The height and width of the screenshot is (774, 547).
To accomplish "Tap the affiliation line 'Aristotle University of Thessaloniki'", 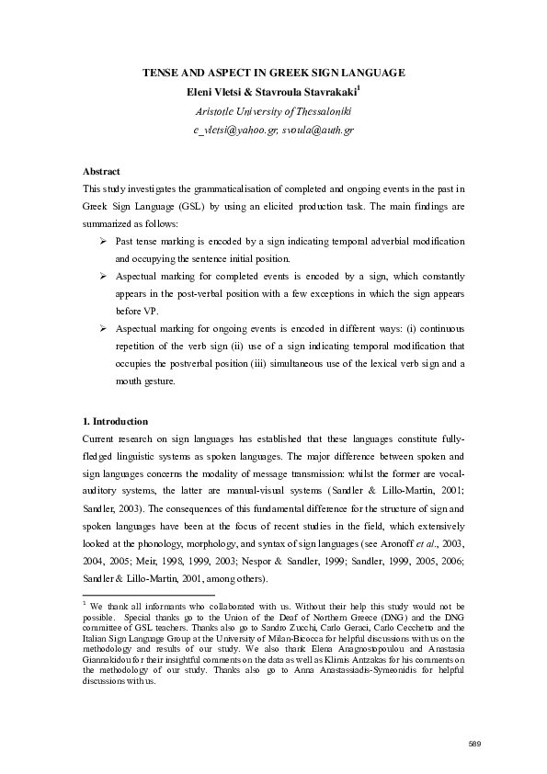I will [273, 111].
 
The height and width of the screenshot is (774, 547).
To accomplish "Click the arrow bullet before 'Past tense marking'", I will [103, 240].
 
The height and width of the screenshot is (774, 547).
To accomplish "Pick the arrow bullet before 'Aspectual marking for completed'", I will [103, 275].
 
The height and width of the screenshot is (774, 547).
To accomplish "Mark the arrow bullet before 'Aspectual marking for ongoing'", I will [103, 327].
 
